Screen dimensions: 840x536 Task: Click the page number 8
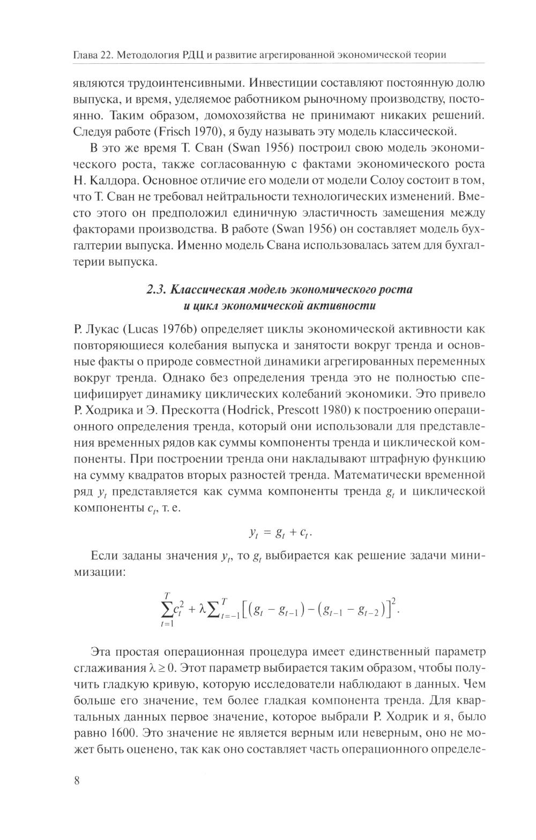pyautogui.click(x=76, y=780)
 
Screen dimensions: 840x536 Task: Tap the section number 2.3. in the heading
pyautogui.click(x=157, y=290)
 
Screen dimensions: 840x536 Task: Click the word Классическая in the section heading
pyautogui.click(x=208, y=290)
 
